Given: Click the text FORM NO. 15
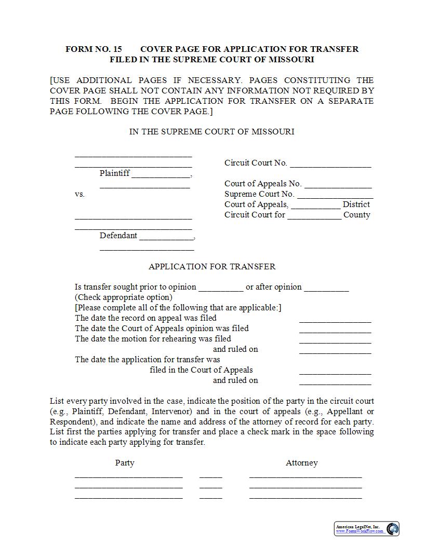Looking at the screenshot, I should tap(94, 49).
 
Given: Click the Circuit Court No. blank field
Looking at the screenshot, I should tap(330, 165).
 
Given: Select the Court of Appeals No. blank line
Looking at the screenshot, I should tap(338, 185).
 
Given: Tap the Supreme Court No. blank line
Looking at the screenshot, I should tap(335, 196).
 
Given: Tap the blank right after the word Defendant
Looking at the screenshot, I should tap(166, 237).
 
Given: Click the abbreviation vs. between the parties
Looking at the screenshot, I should tap(79, 194).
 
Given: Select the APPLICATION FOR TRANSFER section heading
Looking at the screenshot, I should tap(212, 266).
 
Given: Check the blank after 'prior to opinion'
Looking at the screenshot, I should tap(221, 289).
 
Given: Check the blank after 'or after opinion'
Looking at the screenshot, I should tap(326, 289).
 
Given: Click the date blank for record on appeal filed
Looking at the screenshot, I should tap(335, 320).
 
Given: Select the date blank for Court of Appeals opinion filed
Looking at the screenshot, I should tap(335, 330).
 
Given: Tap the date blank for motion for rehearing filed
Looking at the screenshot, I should tap(335, 340).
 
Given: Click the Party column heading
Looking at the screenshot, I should tap(125, 462).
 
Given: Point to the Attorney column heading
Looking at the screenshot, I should tap(301, 462).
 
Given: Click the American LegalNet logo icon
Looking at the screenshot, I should tap(393, 529).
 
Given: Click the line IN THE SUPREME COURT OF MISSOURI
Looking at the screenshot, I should tap(211, 131).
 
